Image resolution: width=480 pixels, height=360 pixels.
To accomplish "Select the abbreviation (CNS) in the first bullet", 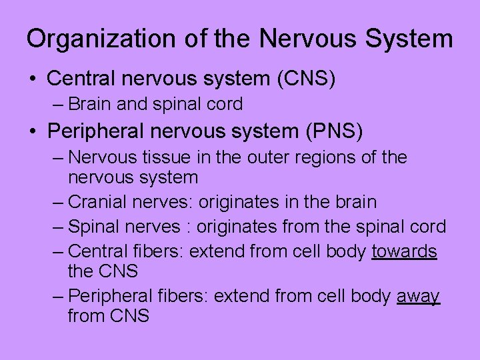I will (x=305, y=79).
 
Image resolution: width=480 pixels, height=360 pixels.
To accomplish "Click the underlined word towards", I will (x=404, y=251).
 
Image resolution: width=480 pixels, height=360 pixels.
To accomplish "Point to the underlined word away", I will (x=418, y=296).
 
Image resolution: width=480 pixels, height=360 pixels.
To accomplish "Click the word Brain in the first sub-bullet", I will (x=88, y=104).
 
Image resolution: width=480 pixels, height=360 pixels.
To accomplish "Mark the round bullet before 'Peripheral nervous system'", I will (x=33, y=131).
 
